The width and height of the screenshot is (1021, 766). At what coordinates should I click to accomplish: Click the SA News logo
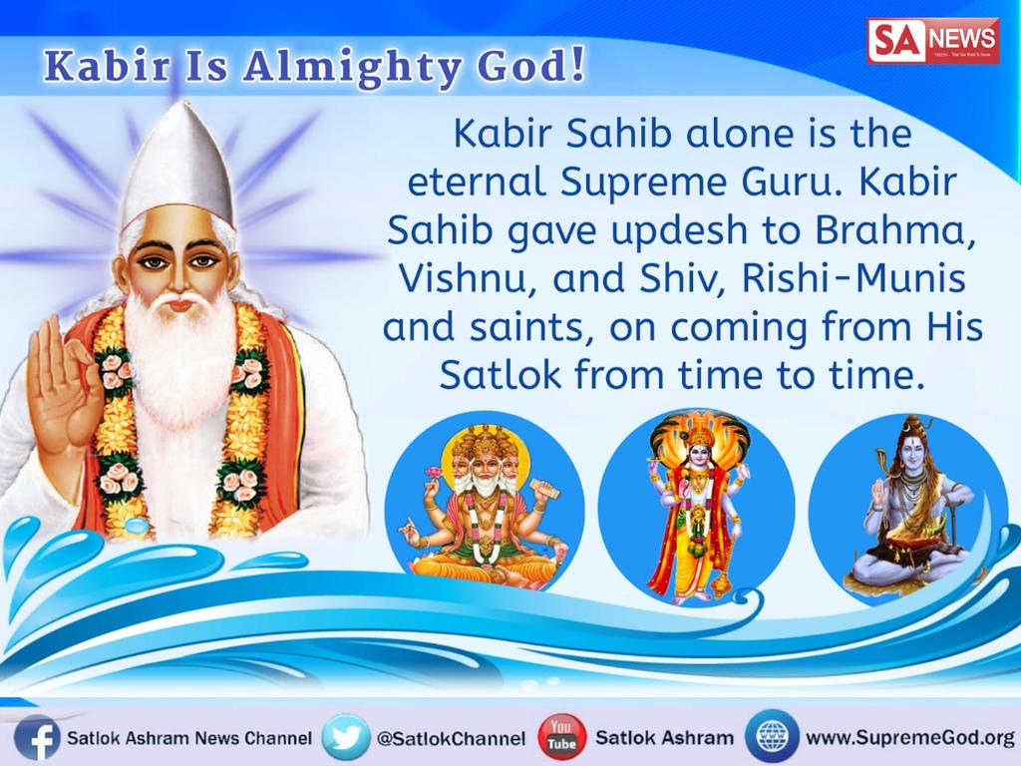click(x=932, y=41)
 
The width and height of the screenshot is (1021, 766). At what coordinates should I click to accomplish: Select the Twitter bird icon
click(x=345, y=738)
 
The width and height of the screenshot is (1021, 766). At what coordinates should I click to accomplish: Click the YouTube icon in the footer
click(x=562, y=738)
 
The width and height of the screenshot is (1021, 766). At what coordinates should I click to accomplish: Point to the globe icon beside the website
click(x=771, y=738)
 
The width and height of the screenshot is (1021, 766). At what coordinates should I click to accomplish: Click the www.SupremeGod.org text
click(x=908, y=739)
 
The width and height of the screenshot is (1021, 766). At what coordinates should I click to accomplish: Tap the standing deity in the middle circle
click(x=696, y=504)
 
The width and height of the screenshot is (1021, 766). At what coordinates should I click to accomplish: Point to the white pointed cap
click(x=176, y=165)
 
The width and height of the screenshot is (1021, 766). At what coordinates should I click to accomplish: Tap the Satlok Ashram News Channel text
click(x=189, y=739)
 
